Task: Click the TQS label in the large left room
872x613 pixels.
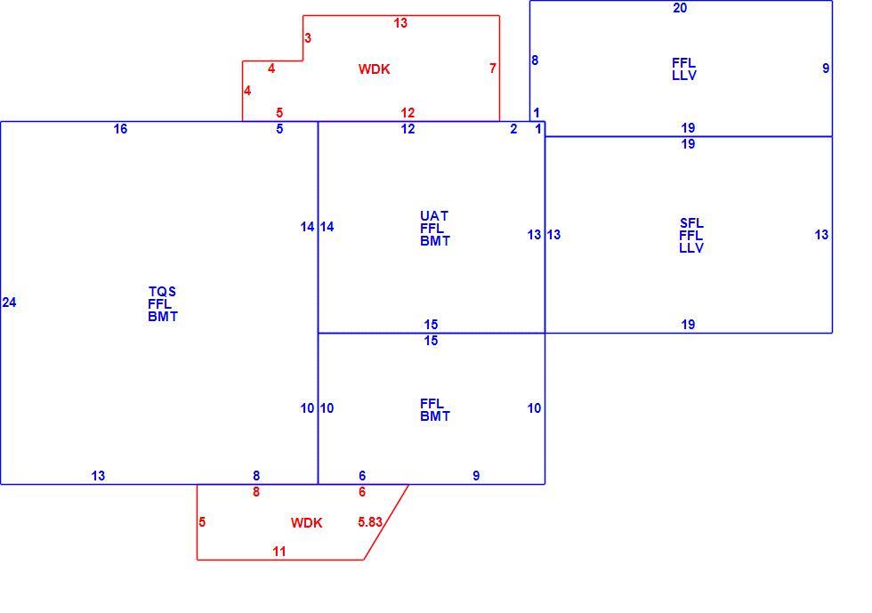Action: pos(162,292)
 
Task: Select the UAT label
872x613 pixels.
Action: pos(434,216)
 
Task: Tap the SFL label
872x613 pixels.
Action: pos(691,223)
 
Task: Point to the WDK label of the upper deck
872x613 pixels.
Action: pos(375,69)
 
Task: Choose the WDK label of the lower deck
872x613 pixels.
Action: pos(306,523)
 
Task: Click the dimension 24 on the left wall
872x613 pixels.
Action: pos(10,302)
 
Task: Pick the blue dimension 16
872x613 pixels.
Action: pos(121,129)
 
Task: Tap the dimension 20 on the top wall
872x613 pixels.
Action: pos(680,8)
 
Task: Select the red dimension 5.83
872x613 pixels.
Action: pos(370,521)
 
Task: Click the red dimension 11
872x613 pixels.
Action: pos(279,552)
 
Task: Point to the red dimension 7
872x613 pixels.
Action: pos(493,68)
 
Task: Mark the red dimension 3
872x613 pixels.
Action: pos(308,38)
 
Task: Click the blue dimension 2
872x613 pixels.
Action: pos(514,129)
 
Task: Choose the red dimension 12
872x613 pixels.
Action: pos(408,113)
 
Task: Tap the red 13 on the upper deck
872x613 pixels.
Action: pos(400,23)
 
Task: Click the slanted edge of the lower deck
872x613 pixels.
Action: pos(386,521)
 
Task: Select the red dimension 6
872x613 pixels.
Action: pos(362,492)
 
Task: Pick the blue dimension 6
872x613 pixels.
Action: pos(362,476)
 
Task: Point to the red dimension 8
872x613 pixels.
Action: pos(256,492)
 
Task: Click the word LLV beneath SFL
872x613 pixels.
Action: pos(691,248)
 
